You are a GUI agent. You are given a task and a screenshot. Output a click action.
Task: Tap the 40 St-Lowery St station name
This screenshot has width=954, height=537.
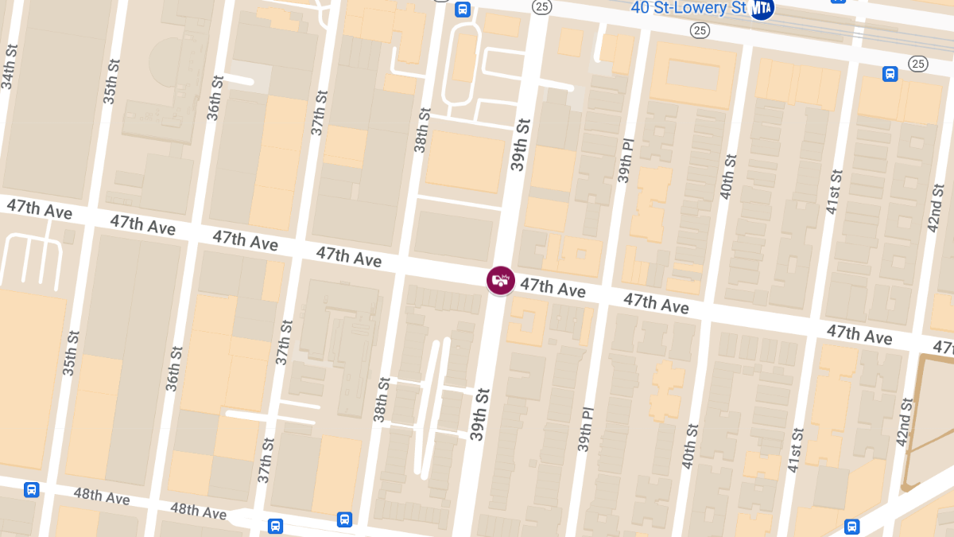tap(688, 8)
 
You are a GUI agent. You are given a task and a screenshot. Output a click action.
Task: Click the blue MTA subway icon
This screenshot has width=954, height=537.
tap(762, 9)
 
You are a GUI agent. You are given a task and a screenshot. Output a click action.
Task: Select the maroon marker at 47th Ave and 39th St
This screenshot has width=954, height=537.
tap(501, 280)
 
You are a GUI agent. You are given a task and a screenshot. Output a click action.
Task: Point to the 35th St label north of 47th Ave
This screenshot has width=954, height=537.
tap(110, 81)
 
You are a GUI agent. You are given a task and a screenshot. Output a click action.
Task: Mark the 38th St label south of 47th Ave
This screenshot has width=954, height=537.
tap(382, 399)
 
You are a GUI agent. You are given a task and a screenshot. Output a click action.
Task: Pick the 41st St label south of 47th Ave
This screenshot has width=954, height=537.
tap(796, 450)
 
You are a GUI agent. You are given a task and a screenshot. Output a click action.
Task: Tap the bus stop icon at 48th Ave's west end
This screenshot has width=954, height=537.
tap(32, 489)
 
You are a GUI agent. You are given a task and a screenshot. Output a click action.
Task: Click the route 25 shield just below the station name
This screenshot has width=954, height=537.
tap(700, 30)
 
